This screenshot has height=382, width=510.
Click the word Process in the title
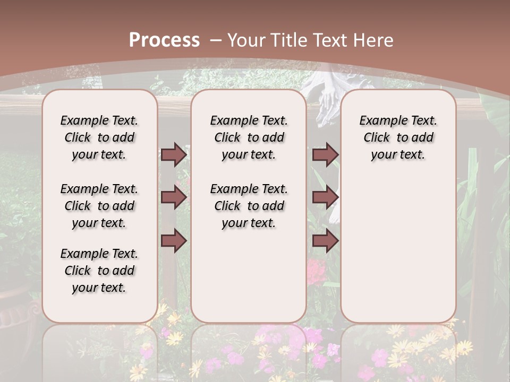(x=164, y=40)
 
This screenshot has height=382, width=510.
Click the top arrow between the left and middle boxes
(x=174, y=154)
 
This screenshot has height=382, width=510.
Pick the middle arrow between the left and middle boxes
(x=174, y=197)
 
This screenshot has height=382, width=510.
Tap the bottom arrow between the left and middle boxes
(x=174, y=241)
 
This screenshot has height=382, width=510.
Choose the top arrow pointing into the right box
(x=325, y=154)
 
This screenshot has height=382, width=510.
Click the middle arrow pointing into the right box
(x=325, y=197)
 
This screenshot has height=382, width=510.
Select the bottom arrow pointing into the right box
(x=325, y=241)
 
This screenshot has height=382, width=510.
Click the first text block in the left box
(x=99, y=137)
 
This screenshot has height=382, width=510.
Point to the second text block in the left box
(x=99, y=206)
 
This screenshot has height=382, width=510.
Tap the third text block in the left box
(x=99, y=271)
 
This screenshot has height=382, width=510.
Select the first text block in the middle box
(x=249, y=137)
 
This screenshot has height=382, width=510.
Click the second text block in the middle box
(x=249, y=206)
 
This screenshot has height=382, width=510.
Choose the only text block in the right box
(x=398, y=137)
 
